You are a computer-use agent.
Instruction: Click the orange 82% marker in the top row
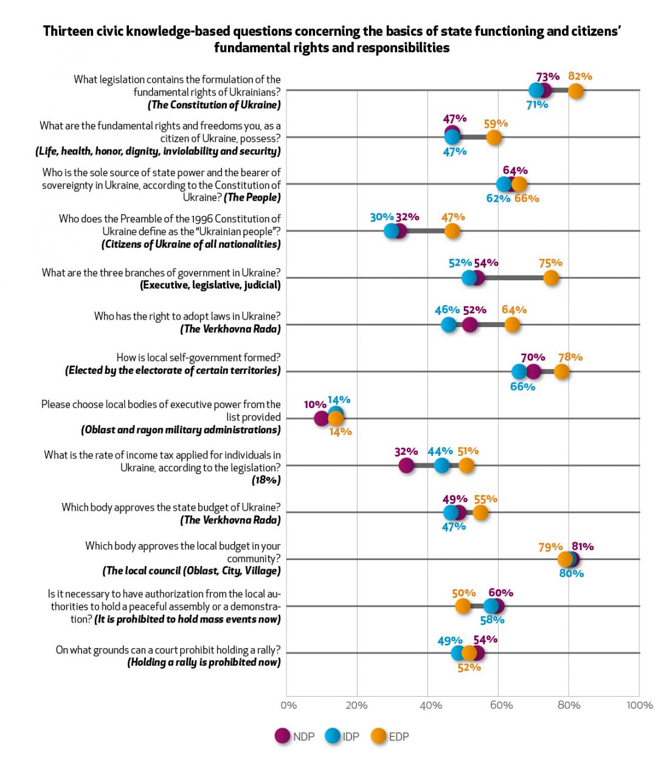[575, 91]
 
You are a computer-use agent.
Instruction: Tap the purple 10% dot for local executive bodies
[321, 418]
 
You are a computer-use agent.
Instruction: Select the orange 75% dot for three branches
[550, 278]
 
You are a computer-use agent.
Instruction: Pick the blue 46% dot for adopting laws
[449, 325]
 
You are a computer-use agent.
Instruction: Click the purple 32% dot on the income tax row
[406, 465]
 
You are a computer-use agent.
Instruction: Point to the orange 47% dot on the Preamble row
[452, 231]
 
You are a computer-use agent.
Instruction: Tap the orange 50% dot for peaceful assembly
[462, 606]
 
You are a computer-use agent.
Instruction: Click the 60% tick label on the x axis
[501, 706]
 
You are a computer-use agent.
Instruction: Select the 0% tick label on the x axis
[288, 706]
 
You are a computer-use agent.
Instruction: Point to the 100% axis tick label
[640, 706]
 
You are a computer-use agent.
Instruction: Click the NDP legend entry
[294, 736]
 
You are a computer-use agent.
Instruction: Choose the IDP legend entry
[342, 736]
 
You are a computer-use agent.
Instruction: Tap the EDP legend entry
[390, 736]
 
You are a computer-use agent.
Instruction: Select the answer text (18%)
[266, 480]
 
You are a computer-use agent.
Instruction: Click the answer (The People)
[252, 197]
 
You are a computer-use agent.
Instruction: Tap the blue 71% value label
[537, 105]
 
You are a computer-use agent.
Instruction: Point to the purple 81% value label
[583, 547]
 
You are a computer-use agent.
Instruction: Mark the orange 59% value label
[496, 124]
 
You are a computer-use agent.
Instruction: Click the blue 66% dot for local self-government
[519, 371]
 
